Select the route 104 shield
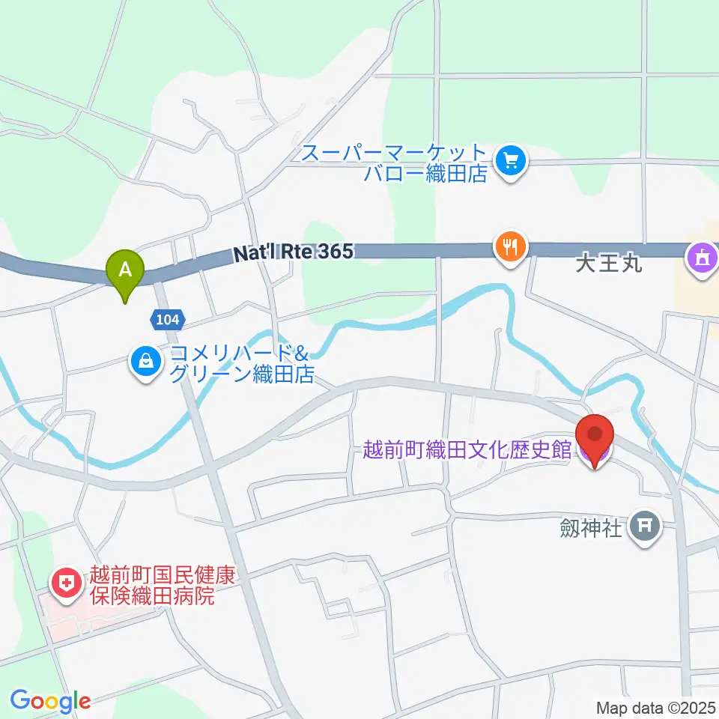click(167, 320)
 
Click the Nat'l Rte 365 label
click(293, 253)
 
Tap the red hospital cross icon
click(66, 582)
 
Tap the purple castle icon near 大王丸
click(703, 259)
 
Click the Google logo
click(50, 701)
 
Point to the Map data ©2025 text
click(655, 707)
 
